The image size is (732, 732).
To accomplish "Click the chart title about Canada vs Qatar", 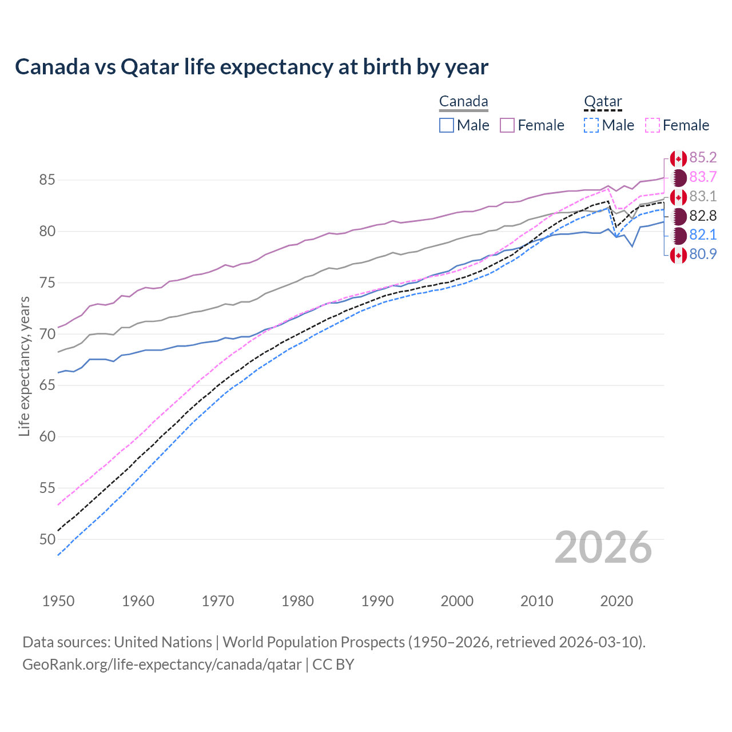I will (252, 67).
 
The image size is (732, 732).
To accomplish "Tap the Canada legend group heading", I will (463, 102).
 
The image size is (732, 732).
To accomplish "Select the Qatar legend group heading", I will (603, 102).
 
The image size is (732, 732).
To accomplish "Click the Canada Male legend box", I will (447, 125).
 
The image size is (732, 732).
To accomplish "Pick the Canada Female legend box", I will (507, 125).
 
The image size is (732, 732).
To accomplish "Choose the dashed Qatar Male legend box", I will (591, 125).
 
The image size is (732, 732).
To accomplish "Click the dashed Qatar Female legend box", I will (653, 125).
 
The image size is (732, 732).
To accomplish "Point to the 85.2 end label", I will (703, 157).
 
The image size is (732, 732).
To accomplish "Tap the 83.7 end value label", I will (703, 177).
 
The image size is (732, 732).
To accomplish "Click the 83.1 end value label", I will (703, 196).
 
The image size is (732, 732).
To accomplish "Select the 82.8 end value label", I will (703, 216).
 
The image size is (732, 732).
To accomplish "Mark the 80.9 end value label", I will (703, 254).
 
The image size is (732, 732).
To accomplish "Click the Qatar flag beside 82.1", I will (678, 235).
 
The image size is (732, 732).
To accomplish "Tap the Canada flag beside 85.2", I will (678, 158).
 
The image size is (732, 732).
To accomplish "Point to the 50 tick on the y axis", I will (47, 539).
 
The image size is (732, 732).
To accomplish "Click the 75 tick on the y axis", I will (47, 283).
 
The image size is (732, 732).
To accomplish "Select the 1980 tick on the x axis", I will (297, 601).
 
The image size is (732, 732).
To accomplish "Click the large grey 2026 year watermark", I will (603, 547).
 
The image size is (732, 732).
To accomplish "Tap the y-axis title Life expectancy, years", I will (25, 366).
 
